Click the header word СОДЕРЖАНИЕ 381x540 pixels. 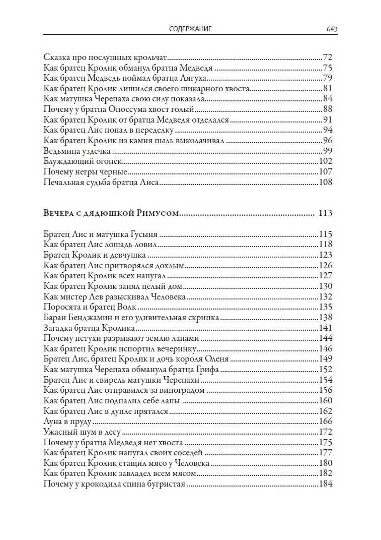point(190,29)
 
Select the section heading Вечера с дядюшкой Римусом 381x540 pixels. point(111,213)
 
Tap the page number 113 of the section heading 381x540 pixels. point(326,213)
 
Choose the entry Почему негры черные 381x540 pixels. point(78,172)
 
